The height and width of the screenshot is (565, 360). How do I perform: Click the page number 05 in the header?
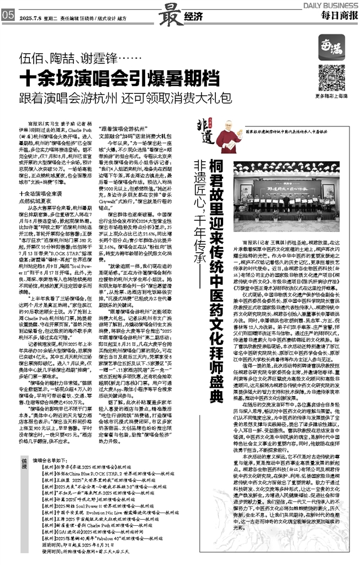coord(8,15)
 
